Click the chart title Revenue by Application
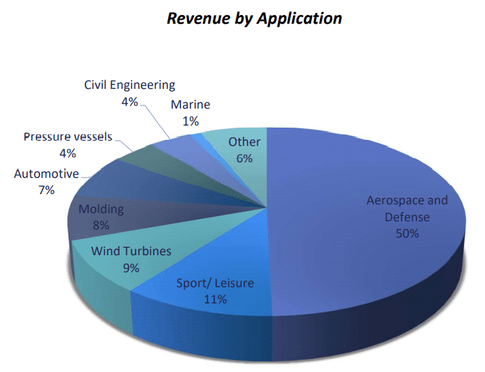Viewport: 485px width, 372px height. pyautogui.click(x=254, y=19)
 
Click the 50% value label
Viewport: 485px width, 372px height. pyautogui.click(x=407, y=234)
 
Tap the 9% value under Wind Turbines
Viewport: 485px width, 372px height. pyautogui.click(x=131, y=267)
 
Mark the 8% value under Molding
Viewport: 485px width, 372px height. pyautogui.click(x=100, y=225)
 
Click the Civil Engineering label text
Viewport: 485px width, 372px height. pyautogui.click(x=130, y=85)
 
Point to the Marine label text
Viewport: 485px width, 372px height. pyautogui.click(x=191, y=105)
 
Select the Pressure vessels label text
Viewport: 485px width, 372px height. pyautogui.click(x=68, y=136)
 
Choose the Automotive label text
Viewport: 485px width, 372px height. pyautogui.click(x=46, y=174)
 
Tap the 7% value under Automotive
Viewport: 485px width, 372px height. pyautogui.click(x=46, y=190)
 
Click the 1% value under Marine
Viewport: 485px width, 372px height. pyautogui.click(x=191, y=122)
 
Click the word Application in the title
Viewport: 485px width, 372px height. pyautogui.click(x=298, y=19)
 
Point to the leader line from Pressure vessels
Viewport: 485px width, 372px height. pyautogui.click(x=123, y=145)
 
